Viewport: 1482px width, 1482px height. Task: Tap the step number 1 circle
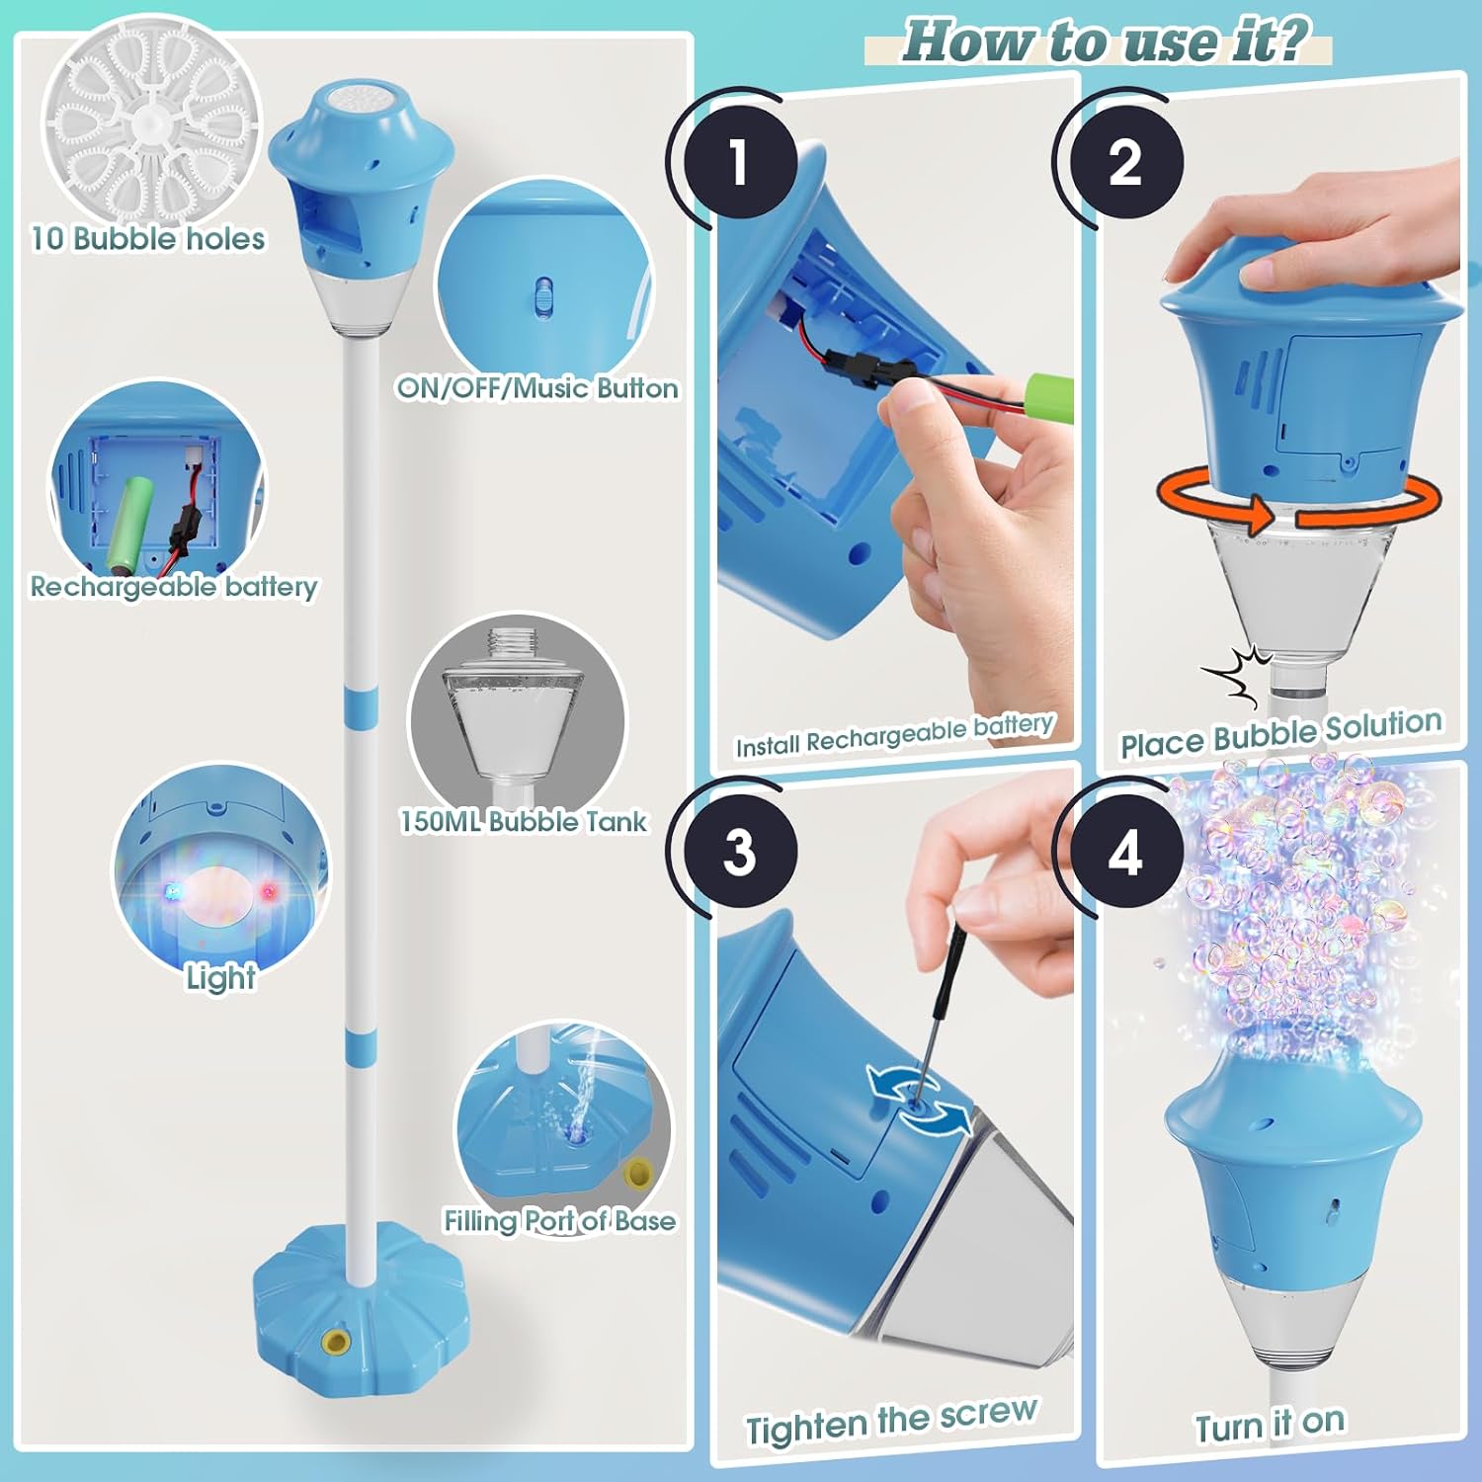[x=739, y=161]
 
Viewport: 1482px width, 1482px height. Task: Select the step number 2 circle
[x=1125, y=161]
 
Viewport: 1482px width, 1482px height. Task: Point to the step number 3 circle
[x=739, y=851]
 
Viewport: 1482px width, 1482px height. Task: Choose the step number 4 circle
[x=1125, y=851]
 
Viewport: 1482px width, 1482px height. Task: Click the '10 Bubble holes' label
[x=148, y=239]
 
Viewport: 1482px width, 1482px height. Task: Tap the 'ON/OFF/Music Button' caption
[x=537, y=388]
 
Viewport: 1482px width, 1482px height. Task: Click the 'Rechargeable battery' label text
[x=174, y=587]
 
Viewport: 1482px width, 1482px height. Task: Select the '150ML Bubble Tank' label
[x=523, y=821]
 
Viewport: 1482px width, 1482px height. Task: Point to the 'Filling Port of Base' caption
[x=559, y=1221]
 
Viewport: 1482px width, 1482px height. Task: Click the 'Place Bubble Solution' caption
[x=1280, y=733]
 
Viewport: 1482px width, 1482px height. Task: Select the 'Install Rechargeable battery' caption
[x=894, y=735]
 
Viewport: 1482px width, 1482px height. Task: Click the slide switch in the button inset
[x=542, y=295]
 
